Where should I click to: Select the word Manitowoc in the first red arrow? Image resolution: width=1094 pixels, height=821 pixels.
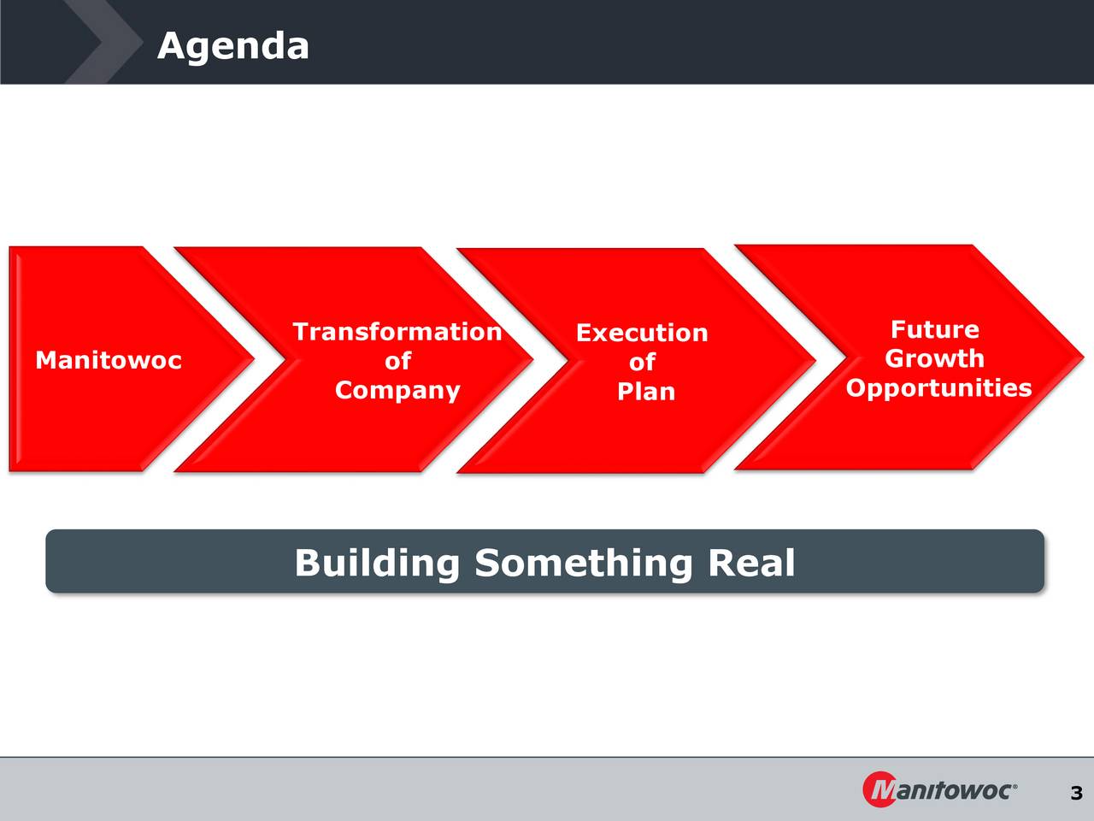point(109,360)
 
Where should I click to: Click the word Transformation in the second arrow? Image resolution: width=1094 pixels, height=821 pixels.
point(397,332)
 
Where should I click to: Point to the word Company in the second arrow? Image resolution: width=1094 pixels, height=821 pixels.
point(397,391)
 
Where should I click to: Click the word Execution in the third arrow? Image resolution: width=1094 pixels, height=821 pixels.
point(642,333)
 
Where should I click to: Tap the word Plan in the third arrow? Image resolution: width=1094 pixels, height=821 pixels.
point(646,392)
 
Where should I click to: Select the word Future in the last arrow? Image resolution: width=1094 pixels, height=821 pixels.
point(935,329)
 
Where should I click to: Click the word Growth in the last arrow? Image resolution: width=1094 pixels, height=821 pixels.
point(935,358)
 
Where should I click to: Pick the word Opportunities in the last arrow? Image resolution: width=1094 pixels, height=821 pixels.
point(938,388)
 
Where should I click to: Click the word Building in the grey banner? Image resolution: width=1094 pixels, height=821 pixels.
point(377,564)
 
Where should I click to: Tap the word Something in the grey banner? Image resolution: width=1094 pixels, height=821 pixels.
point(584,564)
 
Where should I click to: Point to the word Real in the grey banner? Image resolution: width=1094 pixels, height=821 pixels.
point(751,562)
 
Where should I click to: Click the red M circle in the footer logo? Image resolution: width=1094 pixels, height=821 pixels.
point(879,789)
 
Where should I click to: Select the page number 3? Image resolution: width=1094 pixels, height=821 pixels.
point(1076,793)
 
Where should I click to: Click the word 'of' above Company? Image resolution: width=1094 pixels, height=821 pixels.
point(397,360)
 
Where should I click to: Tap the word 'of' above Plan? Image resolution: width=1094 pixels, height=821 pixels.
point(642,362)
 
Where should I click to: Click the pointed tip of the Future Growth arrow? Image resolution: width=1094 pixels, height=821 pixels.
point(1084,357)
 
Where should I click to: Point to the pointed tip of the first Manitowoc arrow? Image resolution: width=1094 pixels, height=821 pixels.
point(254,358)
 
